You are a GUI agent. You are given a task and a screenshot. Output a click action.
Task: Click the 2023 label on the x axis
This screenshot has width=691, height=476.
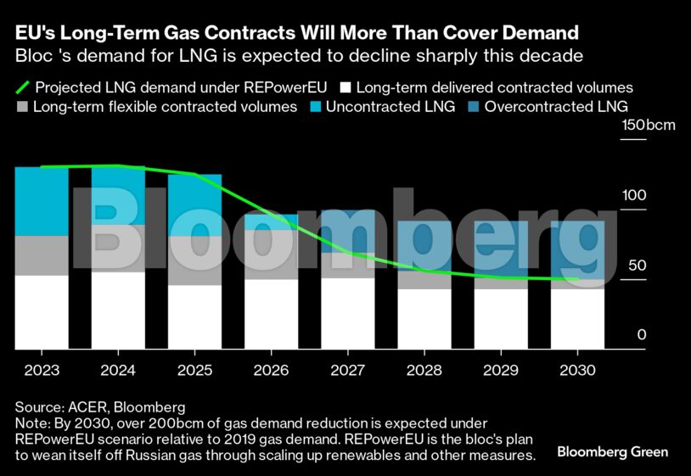pyautogui.click(x=42, y=371)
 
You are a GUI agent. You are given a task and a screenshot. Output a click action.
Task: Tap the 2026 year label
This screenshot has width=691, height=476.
pyautogui.click(x=271, y=371)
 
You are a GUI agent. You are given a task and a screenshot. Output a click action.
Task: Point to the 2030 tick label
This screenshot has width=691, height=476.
pyautogui.click(x=577, y=371)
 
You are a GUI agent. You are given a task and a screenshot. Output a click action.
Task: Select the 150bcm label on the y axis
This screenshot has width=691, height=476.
pyautogui.click(x=649, y=126)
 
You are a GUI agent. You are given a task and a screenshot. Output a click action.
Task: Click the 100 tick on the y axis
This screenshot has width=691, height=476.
pyautogui.click(x=634, y=195)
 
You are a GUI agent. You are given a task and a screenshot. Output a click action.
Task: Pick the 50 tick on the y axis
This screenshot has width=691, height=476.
pyautogui.click(x=638, y=265)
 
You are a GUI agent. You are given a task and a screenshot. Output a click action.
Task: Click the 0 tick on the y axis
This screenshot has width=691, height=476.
pyautogui.click(x=642, y=335)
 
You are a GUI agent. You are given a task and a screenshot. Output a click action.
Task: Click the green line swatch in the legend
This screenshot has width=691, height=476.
pyautogui.click(x=23, y=87)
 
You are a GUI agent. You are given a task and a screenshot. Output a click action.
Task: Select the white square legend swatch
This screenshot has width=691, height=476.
pyautogui.click(x=345, y=87)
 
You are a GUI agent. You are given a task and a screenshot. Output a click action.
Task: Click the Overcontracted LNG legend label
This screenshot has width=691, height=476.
pyautogui.click(x=555, y=108)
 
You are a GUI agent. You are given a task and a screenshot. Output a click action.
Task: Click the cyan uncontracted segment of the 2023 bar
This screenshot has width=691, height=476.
pyautogui.click(x=42, y=201)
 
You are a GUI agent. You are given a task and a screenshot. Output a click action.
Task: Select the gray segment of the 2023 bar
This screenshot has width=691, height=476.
pyautogui.click(x=42, y=255)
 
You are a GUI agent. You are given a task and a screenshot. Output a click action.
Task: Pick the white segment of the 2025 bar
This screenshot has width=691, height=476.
pyautogui.click(x=194, y=316)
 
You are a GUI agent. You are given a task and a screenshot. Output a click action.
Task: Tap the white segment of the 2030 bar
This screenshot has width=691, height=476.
pyautogui.click(x=577, y=319)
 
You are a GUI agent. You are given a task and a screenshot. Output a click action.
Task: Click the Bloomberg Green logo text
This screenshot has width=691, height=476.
pyautogui.click(x=612, y=452)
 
